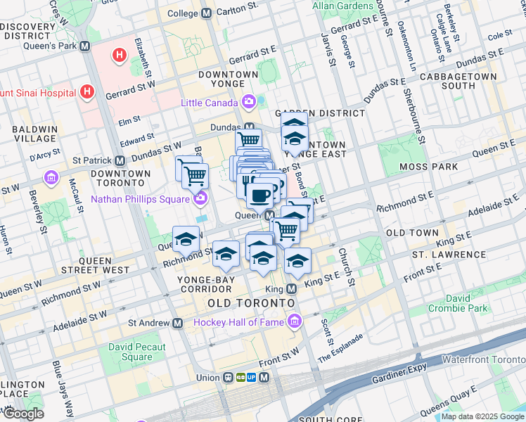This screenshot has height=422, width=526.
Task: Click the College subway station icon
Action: (206, 13)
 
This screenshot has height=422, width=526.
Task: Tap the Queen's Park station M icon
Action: (85, 46)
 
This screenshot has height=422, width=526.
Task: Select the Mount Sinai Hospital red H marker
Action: (86, 91)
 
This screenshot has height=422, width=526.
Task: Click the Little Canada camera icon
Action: (248, 103)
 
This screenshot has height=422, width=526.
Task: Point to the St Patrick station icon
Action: (120, 160)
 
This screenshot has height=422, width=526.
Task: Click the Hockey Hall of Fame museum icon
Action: (295, 322)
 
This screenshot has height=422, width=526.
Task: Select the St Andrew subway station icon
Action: (177, 323)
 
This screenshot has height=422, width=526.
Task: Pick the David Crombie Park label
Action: (458, 302)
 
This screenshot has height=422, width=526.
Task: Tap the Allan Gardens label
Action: (343, 6)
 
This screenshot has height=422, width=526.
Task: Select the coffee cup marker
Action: (259, 195)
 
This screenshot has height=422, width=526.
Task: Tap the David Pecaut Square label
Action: (136, 352)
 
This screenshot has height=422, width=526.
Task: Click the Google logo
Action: (23, 414)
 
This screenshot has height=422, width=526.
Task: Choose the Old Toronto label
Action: (251, 302)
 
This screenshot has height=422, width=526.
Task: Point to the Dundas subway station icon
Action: (248, 127)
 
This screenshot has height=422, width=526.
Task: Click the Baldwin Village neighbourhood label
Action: (34, 135)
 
